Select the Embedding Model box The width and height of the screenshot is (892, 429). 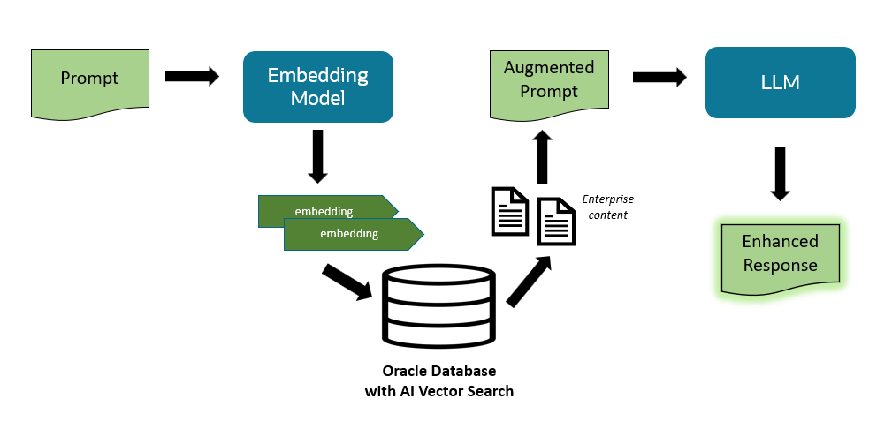pyautogui.click(x=317, y=87)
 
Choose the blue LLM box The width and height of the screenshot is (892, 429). pyautogui.click(x=779, y=83)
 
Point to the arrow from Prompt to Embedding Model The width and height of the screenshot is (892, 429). pyautogui.click(x=192, y=77)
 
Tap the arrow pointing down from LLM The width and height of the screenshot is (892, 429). pyautogui.click(x=780, y=173)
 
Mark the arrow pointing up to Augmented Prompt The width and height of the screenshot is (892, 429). pyautogui.click(x=544, y=157)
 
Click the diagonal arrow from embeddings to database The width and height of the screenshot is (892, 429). pyautogui.click(x=347, y=282)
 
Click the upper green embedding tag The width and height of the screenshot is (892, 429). pyautogui.click(x=324, y=211)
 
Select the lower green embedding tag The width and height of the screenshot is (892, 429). pyautogui.click(x=349, y=234)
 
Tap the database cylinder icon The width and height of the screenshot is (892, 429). pyautogui.click(x=439, y=306)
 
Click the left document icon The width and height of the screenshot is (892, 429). pyautogui.click(x=510, y=211)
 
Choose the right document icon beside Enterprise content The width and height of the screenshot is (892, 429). pyautogui.click(x=557, y=222)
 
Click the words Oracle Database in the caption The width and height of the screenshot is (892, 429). pyautogui.click(x=438, y=370)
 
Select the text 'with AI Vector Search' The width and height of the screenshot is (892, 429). pyautogui.click(x=438, y=390)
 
